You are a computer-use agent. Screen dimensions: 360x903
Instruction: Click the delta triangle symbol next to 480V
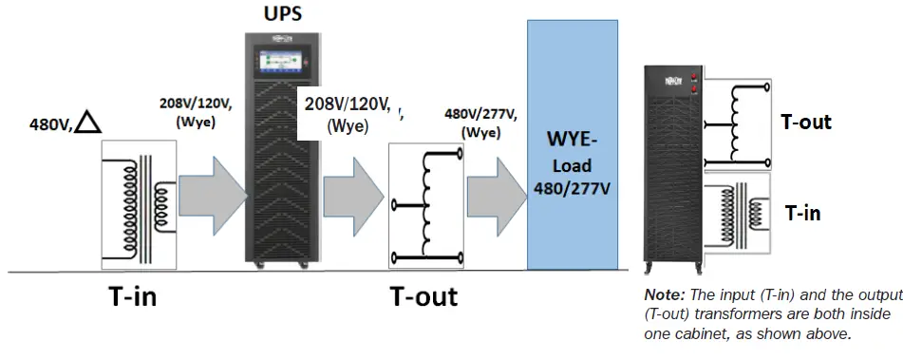click(x=88, y=121)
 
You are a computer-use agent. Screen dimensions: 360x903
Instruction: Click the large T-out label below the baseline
click(x=423, y=296)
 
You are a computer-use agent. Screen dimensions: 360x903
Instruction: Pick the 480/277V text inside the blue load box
click(x=572, y=189)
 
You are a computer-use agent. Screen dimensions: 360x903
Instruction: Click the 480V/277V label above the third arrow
click(x=480, y=115)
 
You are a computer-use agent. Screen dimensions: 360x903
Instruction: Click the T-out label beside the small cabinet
click(x=805, y=122)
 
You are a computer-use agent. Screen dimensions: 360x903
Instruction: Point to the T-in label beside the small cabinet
click(x=801, y=214)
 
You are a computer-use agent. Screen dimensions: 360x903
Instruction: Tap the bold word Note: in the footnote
click(x=664, y=295)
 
